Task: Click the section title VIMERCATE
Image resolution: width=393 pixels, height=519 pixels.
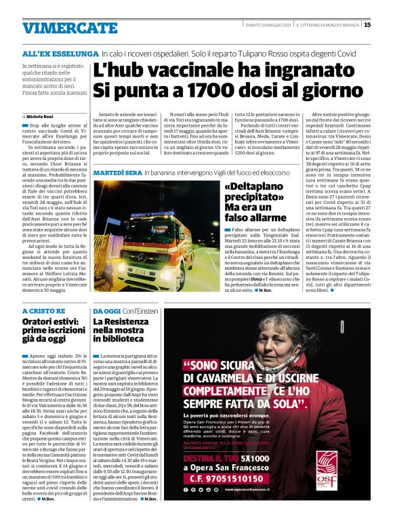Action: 60,28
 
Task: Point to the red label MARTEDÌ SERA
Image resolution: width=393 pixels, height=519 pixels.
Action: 117,174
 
